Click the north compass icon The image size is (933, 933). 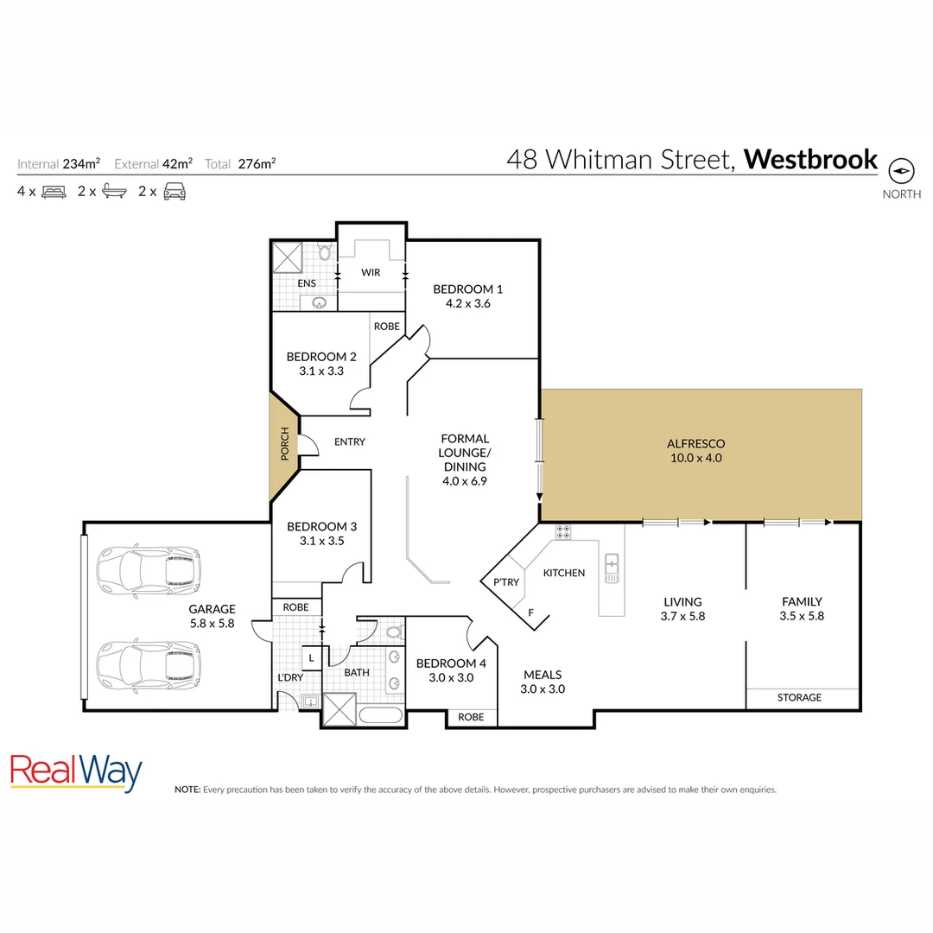[901, 170]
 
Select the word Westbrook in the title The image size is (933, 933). [810, 160]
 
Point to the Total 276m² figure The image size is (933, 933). [241, 162]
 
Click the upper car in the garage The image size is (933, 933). [148, 572]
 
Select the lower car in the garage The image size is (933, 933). [148, 665]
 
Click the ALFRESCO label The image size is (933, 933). [695, 444]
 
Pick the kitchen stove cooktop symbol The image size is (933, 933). [563, 533]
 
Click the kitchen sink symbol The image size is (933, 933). [612, 567]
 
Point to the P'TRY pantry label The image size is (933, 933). [505, 581]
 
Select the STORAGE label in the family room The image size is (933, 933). [799, 697]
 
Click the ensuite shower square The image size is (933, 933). [287, 257]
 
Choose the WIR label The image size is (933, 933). [371, 272]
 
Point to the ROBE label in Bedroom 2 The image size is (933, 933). [386, 327]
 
